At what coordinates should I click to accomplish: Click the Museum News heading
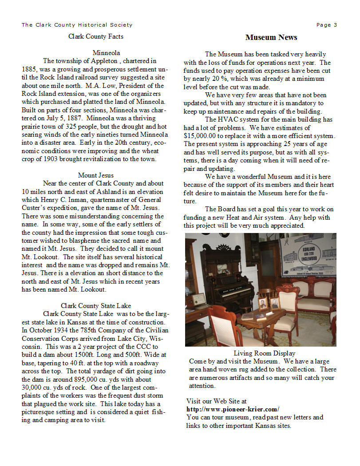tap(271, 37)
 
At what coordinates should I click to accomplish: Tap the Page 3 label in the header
tap(326, 25)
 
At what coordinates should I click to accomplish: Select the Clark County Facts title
tap(96, 36)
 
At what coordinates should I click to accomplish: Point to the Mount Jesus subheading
tap(96, 175)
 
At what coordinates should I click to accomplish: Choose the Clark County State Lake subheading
tap(96, 306)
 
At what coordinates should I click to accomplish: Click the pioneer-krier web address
tap(233, 409)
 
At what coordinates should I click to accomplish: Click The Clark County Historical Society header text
tap(77, 25)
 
